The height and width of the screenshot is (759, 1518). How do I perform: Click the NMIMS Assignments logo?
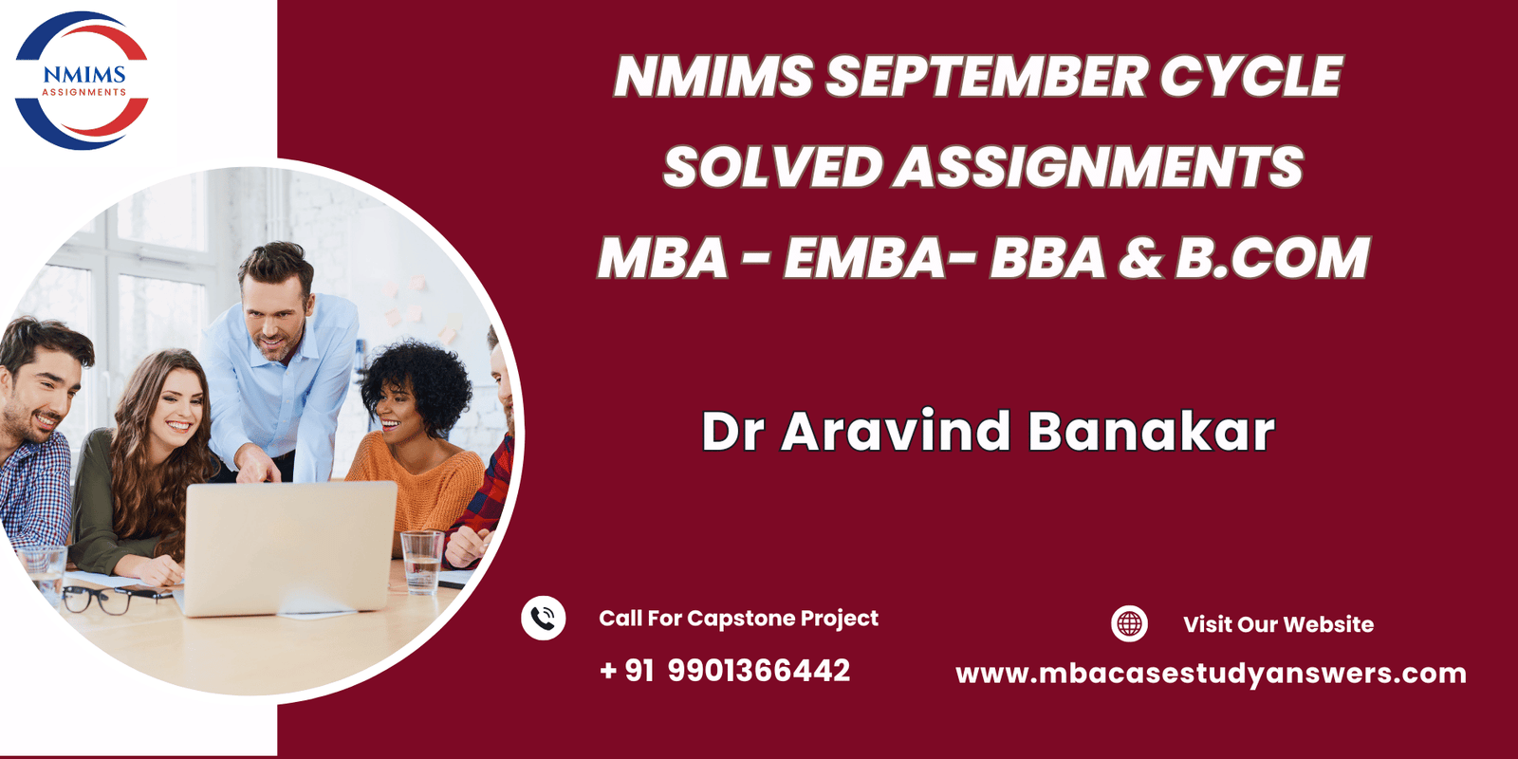tap(83, 81)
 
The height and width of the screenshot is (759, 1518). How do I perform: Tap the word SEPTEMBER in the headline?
tap(986, 77)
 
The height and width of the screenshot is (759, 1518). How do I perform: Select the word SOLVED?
tap(772, 168)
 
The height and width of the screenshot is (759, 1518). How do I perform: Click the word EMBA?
tap(862, 258)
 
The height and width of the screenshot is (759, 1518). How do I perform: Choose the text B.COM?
tap(1272, 258)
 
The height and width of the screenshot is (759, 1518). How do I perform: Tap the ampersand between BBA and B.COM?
tap(1140, 258)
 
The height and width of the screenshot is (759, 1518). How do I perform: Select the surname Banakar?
tap(1151, 432)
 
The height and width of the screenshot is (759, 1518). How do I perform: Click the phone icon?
tap(544, 619)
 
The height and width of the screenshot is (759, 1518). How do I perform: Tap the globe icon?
tap(1129, 623)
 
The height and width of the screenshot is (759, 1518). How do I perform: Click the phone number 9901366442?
tap(759, 671)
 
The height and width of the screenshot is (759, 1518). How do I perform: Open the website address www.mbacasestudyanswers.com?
tap(1211, 674)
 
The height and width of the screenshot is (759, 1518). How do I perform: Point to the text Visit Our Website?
tap(1278, 624)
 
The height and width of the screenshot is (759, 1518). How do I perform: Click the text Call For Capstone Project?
tap(738, 619)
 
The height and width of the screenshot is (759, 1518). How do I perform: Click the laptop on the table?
tap(288, 546)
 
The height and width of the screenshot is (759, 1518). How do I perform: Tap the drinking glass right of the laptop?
tap(421, 561)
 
